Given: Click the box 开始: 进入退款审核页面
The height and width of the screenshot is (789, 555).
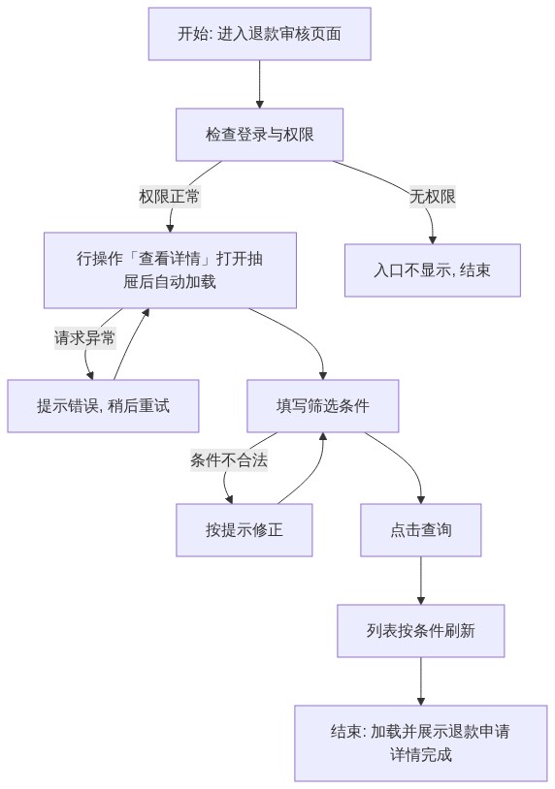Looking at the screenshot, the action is click(x=259, y=34).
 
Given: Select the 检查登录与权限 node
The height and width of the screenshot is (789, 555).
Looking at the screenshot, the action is click(x=259, y=135).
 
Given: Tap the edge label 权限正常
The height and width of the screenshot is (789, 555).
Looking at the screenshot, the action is click(x=169, y=196).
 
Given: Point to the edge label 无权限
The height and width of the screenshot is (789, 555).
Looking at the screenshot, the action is click(x=433, y=196).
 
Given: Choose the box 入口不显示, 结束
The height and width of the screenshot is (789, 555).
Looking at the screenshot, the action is click(x=432, y=270).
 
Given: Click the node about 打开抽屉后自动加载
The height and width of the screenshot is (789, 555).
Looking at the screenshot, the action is click(x=170, y=270).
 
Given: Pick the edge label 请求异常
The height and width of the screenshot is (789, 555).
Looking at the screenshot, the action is click(x=84, y=337).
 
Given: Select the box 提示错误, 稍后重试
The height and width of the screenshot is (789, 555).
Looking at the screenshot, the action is click(x=103, y=405).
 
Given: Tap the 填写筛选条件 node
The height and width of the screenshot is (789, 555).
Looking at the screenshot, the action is click(x=322, y=405).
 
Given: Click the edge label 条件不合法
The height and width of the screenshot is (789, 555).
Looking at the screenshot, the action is click(x=229, y=459).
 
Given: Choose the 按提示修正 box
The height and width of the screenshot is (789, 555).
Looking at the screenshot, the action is click(x=244, y=530).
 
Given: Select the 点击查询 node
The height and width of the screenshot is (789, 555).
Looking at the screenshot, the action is click(x=420, y=530).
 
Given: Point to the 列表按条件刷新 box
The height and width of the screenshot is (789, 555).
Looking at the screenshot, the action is click(x=420, y=630).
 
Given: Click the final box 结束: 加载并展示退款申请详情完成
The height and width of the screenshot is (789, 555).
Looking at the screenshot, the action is click(x=420, y=742).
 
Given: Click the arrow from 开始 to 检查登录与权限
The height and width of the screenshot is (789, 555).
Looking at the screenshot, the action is click(x=259, y=84).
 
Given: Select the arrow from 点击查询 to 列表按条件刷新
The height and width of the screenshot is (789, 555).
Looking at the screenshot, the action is click(x=420, y=581).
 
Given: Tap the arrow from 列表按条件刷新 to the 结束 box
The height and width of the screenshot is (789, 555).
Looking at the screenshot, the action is click(x=420, y=680).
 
